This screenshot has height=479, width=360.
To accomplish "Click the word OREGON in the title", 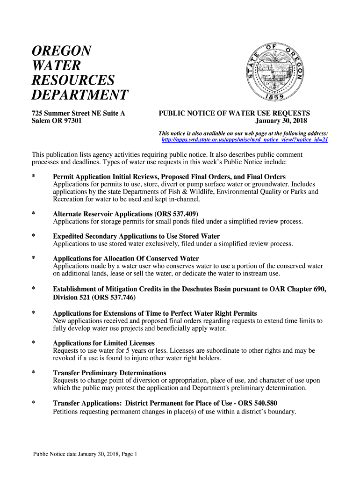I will pyautogui.click(x=61, y=51).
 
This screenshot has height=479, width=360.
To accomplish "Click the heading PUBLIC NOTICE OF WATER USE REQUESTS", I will pyautogui.click(x=234, y=113).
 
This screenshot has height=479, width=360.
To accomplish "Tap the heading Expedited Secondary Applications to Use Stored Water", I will pyautogui.click(x=137, y=236).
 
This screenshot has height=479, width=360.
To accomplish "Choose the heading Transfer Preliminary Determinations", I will pyautogui.click(x=110, y=373).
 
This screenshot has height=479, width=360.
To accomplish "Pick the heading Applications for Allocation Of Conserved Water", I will pyautogui.click(x=126, y=259).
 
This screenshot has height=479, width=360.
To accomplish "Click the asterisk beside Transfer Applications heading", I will pyautogui.click(x=33, y=403).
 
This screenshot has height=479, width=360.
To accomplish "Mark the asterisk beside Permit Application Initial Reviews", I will pyautogui.click(x=33, y=177).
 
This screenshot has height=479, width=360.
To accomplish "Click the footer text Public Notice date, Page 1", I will pyautogui.click(x=85, y=454).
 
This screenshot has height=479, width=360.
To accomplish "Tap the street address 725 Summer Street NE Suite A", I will pyautogui.click(x=78, y=113).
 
